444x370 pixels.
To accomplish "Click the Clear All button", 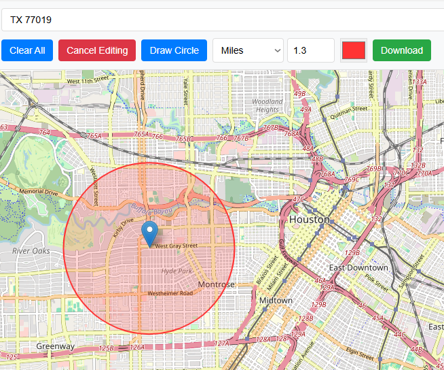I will tap(27, 50).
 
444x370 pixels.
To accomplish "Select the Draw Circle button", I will tap(174, 50).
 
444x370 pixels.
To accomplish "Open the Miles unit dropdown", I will tap(248, 50).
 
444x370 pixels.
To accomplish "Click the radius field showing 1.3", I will tap(310, 50).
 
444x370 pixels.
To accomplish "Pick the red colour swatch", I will tap(354, 50).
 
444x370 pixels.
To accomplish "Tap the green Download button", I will tap(401, 50).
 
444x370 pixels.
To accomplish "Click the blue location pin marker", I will tap(149, 233).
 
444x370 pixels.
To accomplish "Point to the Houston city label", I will tap(309, 220).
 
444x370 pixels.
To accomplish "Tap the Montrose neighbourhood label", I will tap(216, 284).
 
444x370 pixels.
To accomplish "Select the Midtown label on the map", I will tap(276, 300).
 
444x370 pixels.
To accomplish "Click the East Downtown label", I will tap(358, 267).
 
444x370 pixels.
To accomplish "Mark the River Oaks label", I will tap(31, 251).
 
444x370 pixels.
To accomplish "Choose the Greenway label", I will tap(56, 346).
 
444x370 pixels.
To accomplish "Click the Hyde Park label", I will tap(177, 271).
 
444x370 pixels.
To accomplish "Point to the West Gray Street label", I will tap(177, 246).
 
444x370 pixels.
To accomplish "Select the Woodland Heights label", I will tap(267, 105).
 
